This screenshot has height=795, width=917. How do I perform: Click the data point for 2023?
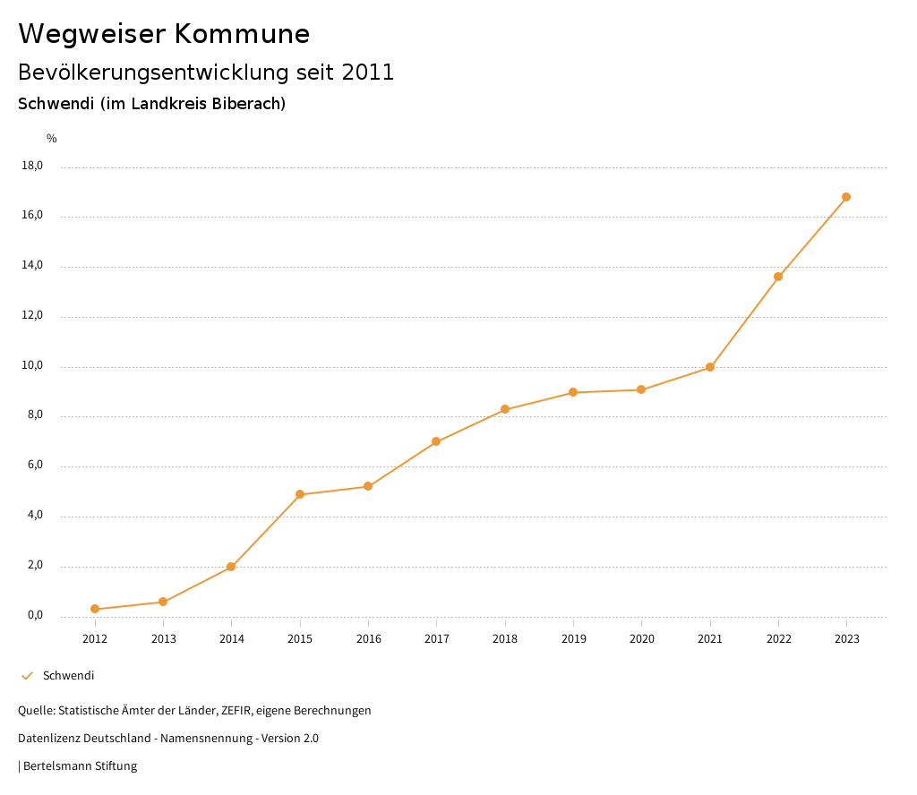click(x=846, y=197)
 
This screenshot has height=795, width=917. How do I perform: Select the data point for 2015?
click(x=300, y=494)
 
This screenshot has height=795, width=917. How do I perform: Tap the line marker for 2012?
click(x=95, y=609)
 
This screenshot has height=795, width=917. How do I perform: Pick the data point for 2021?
click(x=710, y=367)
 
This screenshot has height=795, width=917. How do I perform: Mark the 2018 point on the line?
click(x=505, y=409)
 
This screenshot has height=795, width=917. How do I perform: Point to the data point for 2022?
click(x=778, y=277)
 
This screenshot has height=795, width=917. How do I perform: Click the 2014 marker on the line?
click(x=231, y=567)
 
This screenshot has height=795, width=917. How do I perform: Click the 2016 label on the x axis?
click(x=368, y=639)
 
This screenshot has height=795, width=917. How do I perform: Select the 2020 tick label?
click(x=642, y=639)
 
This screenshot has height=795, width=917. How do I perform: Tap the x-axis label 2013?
click(x=163, y=639)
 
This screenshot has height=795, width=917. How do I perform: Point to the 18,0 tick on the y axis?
click(x=31, y=166)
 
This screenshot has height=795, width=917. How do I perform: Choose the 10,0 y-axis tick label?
click(x=31, y=366)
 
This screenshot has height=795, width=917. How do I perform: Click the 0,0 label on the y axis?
click(x=34, y=616)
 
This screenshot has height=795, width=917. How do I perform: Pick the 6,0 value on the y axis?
click(x=34, y=466)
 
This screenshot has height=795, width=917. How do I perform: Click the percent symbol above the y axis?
click(x=52, y=139)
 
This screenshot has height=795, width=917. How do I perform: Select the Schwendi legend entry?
click(x=68, y=676)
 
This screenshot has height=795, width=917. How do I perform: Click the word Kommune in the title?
click(x=243, y=34)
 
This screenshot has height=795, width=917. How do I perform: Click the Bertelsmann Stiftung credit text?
click(x=80, y=766)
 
